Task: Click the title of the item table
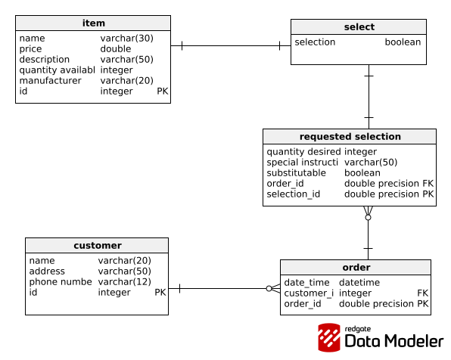[x=94, y=23]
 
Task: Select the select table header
[x=359, y=26]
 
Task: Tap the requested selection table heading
[x=350, y=136]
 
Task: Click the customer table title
[x=98, y=245]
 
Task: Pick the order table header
[x=356, y=268]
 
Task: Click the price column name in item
[x=30, y=49]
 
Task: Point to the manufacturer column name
[x=51, y=80]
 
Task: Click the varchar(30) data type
[x=127, y=39]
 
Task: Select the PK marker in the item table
[x=162, y=92]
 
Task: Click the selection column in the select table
[x=315, y=42]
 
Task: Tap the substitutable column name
[x=297, y=172]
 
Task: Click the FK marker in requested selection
[x=428, y=184]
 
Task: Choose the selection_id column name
[x=293, y=194]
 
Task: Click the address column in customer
[x=47, y=272]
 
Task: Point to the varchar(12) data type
[x=125, y=282]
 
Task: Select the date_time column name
[x=306, y=283]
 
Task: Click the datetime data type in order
[x=359, y=283]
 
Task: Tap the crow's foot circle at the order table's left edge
[x=269, y=288]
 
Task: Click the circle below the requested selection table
[x=368, y=217]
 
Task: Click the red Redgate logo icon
[x=329, y=337]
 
